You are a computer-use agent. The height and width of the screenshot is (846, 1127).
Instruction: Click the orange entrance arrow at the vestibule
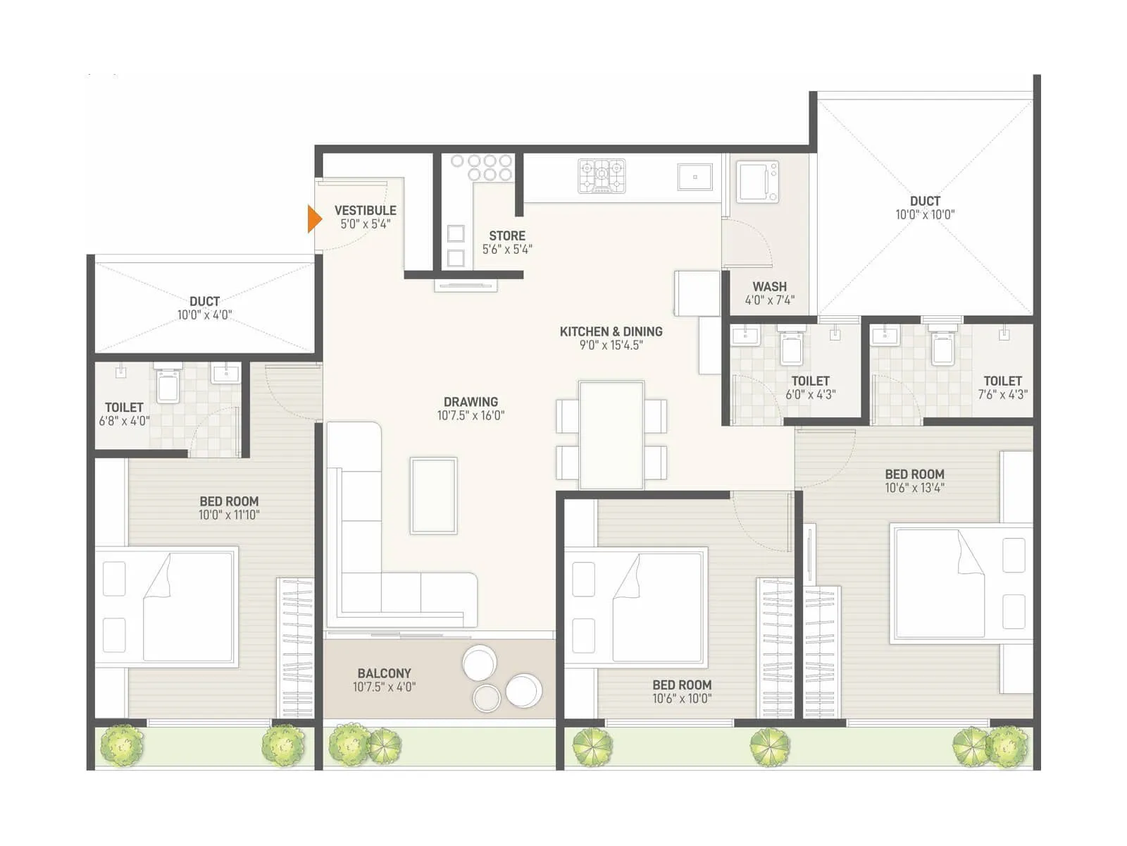tap(314, 219)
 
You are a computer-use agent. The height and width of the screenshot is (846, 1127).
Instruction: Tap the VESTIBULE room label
tap(365, 211)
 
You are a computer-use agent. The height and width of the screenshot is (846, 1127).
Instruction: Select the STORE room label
tap(507, 236)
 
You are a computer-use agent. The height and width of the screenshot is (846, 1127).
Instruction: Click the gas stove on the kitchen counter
tap(602, 176)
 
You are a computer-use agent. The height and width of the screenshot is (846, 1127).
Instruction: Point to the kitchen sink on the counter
tap(695, 177)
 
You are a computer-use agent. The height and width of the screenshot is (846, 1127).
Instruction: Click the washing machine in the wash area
tap(757, 182)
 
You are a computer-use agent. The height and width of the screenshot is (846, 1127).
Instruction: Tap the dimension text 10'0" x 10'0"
tap(925, 215)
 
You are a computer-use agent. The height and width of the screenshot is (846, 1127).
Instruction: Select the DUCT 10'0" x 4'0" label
tap(204, 308)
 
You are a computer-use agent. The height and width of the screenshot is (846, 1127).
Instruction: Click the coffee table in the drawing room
tap(434, 495)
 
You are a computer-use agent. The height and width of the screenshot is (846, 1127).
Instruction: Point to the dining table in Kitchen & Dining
tap(611, 435)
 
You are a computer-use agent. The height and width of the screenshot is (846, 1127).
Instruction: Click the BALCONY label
tap(384, 673)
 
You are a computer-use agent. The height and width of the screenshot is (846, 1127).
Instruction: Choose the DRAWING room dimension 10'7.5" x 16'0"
tap(471, 416)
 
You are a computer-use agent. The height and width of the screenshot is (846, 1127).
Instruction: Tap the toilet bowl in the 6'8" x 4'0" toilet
tap(168, 386)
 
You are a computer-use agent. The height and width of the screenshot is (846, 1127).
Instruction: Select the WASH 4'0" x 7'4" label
tap(769, 293)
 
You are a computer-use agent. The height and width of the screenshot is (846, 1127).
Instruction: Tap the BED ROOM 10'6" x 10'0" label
tap(682, 691)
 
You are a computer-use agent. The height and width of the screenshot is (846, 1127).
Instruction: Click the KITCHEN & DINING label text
tap(611, 331)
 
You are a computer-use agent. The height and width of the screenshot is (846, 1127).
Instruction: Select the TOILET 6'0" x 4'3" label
tap(810, 387)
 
